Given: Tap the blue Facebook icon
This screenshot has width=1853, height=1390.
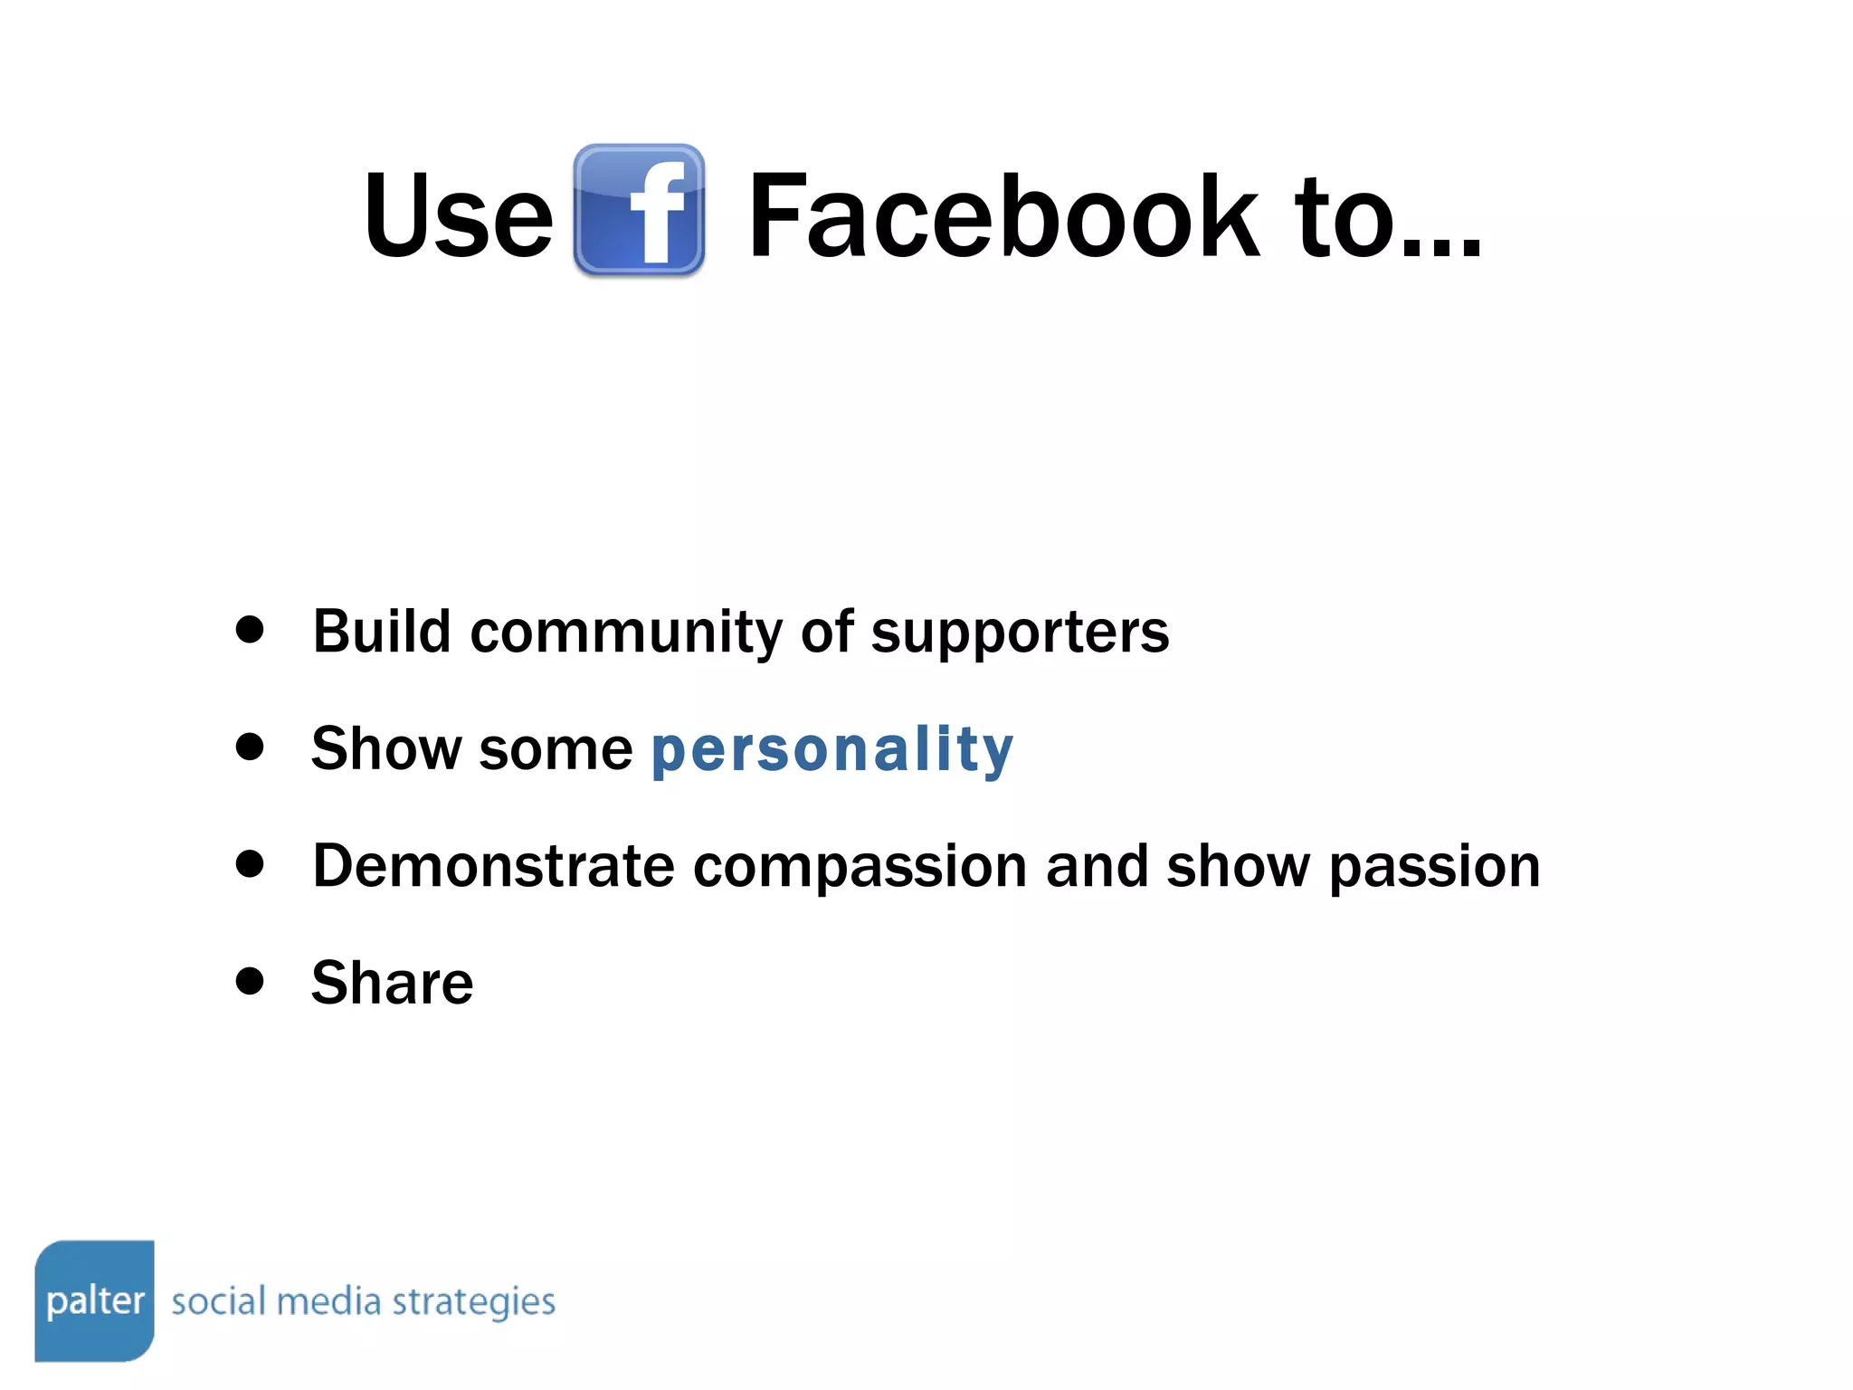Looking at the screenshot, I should [x=639, y=210].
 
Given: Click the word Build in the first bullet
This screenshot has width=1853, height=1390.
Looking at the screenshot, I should [x=382, y=631].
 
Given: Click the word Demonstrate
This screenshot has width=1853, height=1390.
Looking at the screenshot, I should [x=493, y=866].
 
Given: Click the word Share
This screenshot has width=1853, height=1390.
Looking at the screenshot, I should [x=392, y=983].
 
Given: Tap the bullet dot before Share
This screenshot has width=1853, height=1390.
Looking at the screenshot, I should [x=249, y=981].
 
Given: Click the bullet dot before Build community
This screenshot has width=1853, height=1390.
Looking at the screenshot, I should [x=249, y=629].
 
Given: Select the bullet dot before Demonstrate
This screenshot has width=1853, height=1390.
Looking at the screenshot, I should [x=249, y=863].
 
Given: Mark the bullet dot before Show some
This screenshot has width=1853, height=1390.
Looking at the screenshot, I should [x=249, y=747].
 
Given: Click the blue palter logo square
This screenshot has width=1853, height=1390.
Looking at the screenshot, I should [x=95, y=1300].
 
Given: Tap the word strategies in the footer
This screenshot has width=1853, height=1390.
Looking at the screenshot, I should [x=473, y=1303].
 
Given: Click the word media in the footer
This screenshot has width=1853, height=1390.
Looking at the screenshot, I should [x=328, y=1301].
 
